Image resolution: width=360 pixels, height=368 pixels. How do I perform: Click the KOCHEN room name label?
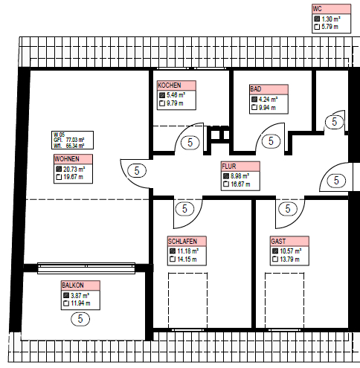[170, 85]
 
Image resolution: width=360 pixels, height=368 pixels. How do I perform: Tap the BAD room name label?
[255, 89]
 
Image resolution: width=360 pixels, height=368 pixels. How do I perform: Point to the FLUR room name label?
[229, 166]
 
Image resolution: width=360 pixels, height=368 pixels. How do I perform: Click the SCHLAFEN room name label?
[182, 241]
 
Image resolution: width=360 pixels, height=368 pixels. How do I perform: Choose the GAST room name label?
[278, 241]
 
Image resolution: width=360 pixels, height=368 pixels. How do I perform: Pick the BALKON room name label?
[73, 285]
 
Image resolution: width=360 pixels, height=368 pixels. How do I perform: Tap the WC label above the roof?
[317, 9]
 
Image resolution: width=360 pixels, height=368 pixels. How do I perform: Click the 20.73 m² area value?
[74, 170]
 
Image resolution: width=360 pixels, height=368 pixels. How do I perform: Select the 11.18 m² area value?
[187, 251]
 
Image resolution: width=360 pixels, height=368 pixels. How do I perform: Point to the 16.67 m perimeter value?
[240, 184]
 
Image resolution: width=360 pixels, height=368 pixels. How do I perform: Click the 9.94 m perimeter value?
[267, 108]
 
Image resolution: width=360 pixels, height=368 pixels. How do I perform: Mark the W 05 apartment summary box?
[72, 140]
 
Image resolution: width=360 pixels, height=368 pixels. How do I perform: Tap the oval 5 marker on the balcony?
[80, 319]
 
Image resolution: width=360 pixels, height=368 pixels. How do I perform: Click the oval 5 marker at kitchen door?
[190, 143]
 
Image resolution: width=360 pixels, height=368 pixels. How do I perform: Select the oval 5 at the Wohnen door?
[137, 171]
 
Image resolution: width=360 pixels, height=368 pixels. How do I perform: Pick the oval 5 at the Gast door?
[288, 209]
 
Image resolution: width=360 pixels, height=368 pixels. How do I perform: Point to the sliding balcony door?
[86, 268]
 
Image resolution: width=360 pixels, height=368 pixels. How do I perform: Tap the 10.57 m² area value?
[291, 251]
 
